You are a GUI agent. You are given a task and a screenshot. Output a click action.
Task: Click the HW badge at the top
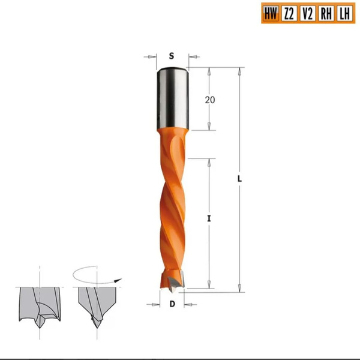(271, 13)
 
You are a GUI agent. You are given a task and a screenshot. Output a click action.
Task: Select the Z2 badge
(289, 13)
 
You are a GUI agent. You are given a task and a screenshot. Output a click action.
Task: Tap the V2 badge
(307, 13)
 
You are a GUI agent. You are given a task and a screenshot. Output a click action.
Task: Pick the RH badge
(326, 13)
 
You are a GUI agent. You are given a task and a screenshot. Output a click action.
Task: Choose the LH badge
(344, 13)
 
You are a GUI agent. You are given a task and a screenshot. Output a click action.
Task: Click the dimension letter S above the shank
(172, 56)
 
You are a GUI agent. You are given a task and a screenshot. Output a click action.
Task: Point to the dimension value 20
(209, 100)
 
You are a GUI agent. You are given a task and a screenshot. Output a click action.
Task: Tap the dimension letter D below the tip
(172, 304)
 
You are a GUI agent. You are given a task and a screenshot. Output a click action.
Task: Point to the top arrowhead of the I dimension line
(209, 161)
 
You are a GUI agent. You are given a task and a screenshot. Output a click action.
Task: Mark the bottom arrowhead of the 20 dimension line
(209, 127)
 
